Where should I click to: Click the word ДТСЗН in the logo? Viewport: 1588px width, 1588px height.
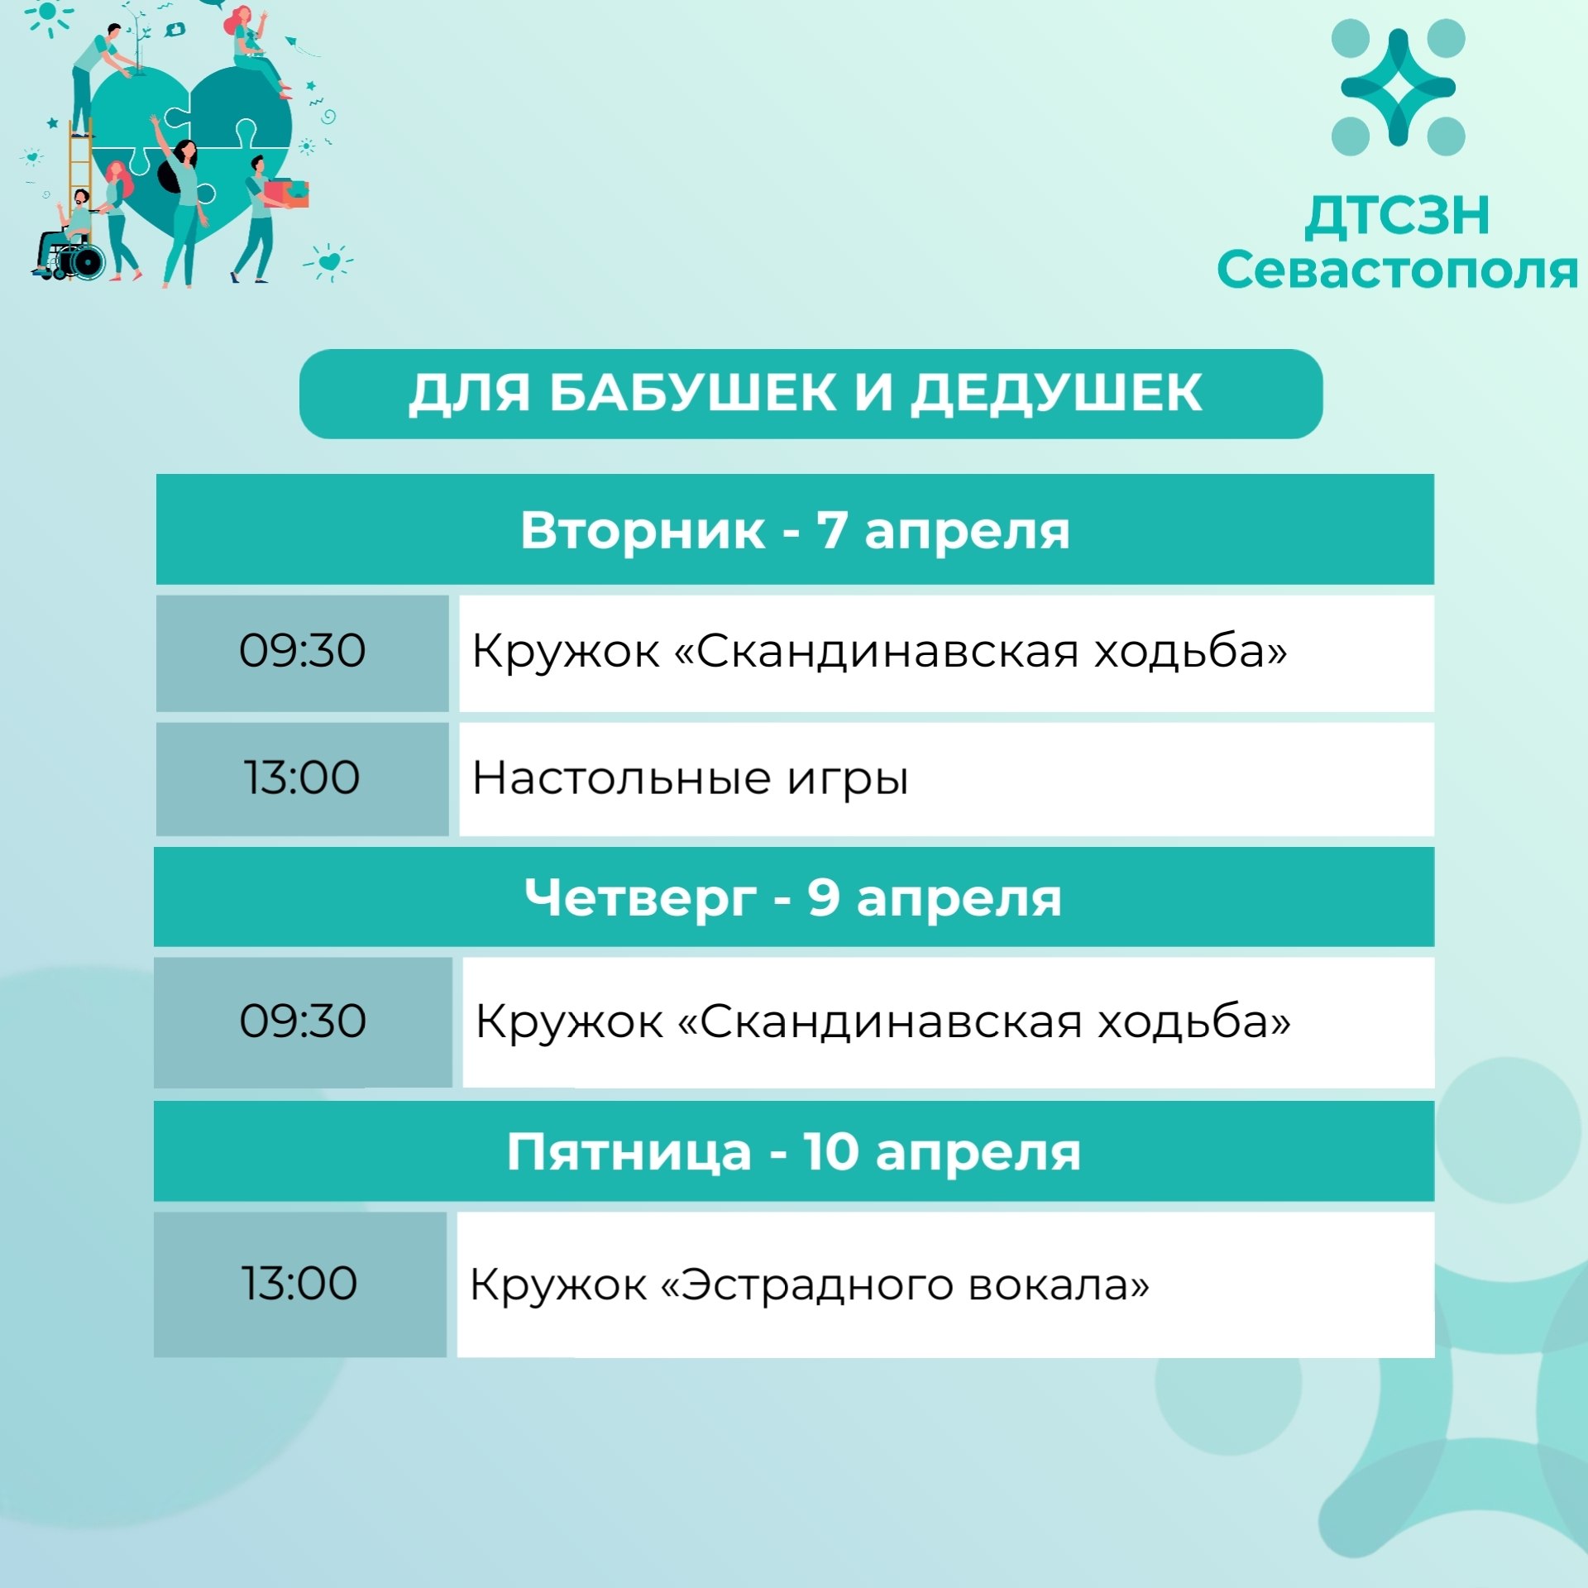click(1397, 216)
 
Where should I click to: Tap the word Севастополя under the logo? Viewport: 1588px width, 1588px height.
click(1397, 271)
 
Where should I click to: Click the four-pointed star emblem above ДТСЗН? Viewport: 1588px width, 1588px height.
click(1398, 88)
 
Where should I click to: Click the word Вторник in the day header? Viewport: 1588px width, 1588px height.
click(643, 530)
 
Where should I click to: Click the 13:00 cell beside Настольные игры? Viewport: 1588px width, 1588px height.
click(303, 778)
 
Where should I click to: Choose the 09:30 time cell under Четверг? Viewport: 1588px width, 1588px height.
click(303, 1021)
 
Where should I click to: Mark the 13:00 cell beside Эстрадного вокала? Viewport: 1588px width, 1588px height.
click(299, 1284)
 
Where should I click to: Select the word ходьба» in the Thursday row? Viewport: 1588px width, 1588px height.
click(1193, 1021)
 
